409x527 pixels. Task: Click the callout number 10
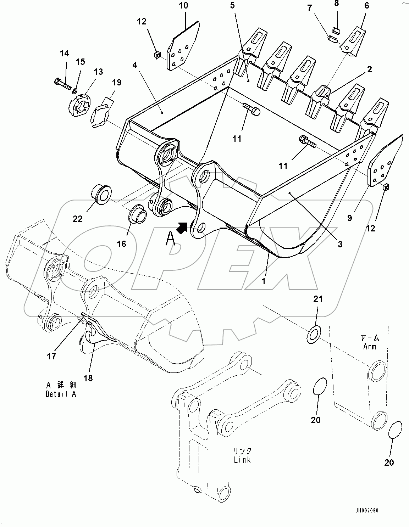point(183,6)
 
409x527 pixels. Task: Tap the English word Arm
point(369,346)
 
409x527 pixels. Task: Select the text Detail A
point(61,394)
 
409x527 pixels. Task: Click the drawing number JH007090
point(365,511)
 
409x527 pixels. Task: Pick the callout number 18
point(88,378)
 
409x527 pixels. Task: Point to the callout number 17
point(52,356)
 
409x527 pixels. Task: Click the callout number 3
point(340,244)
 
